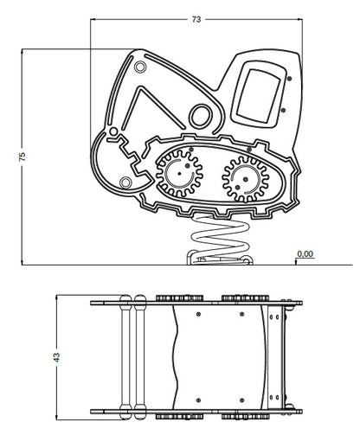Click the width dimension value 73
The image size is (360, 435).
point(196,19)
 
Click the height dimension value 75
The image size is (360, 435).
point(22,156)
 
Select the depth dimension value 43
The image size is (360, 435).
point(57,357)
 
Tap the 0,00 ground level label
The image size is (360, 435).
point(305,254)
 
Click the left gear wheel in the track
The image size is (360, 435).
point(179,174)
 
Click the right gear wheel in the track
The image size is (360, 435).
point(246,179)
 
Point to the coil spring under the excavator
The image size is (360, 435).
point(220,237)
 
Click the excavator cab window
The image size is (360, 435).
point(258,96)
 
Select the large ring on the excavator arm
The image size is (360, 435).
point(201,116)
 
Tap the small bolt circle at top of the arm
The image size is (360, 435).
point(140,67)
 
